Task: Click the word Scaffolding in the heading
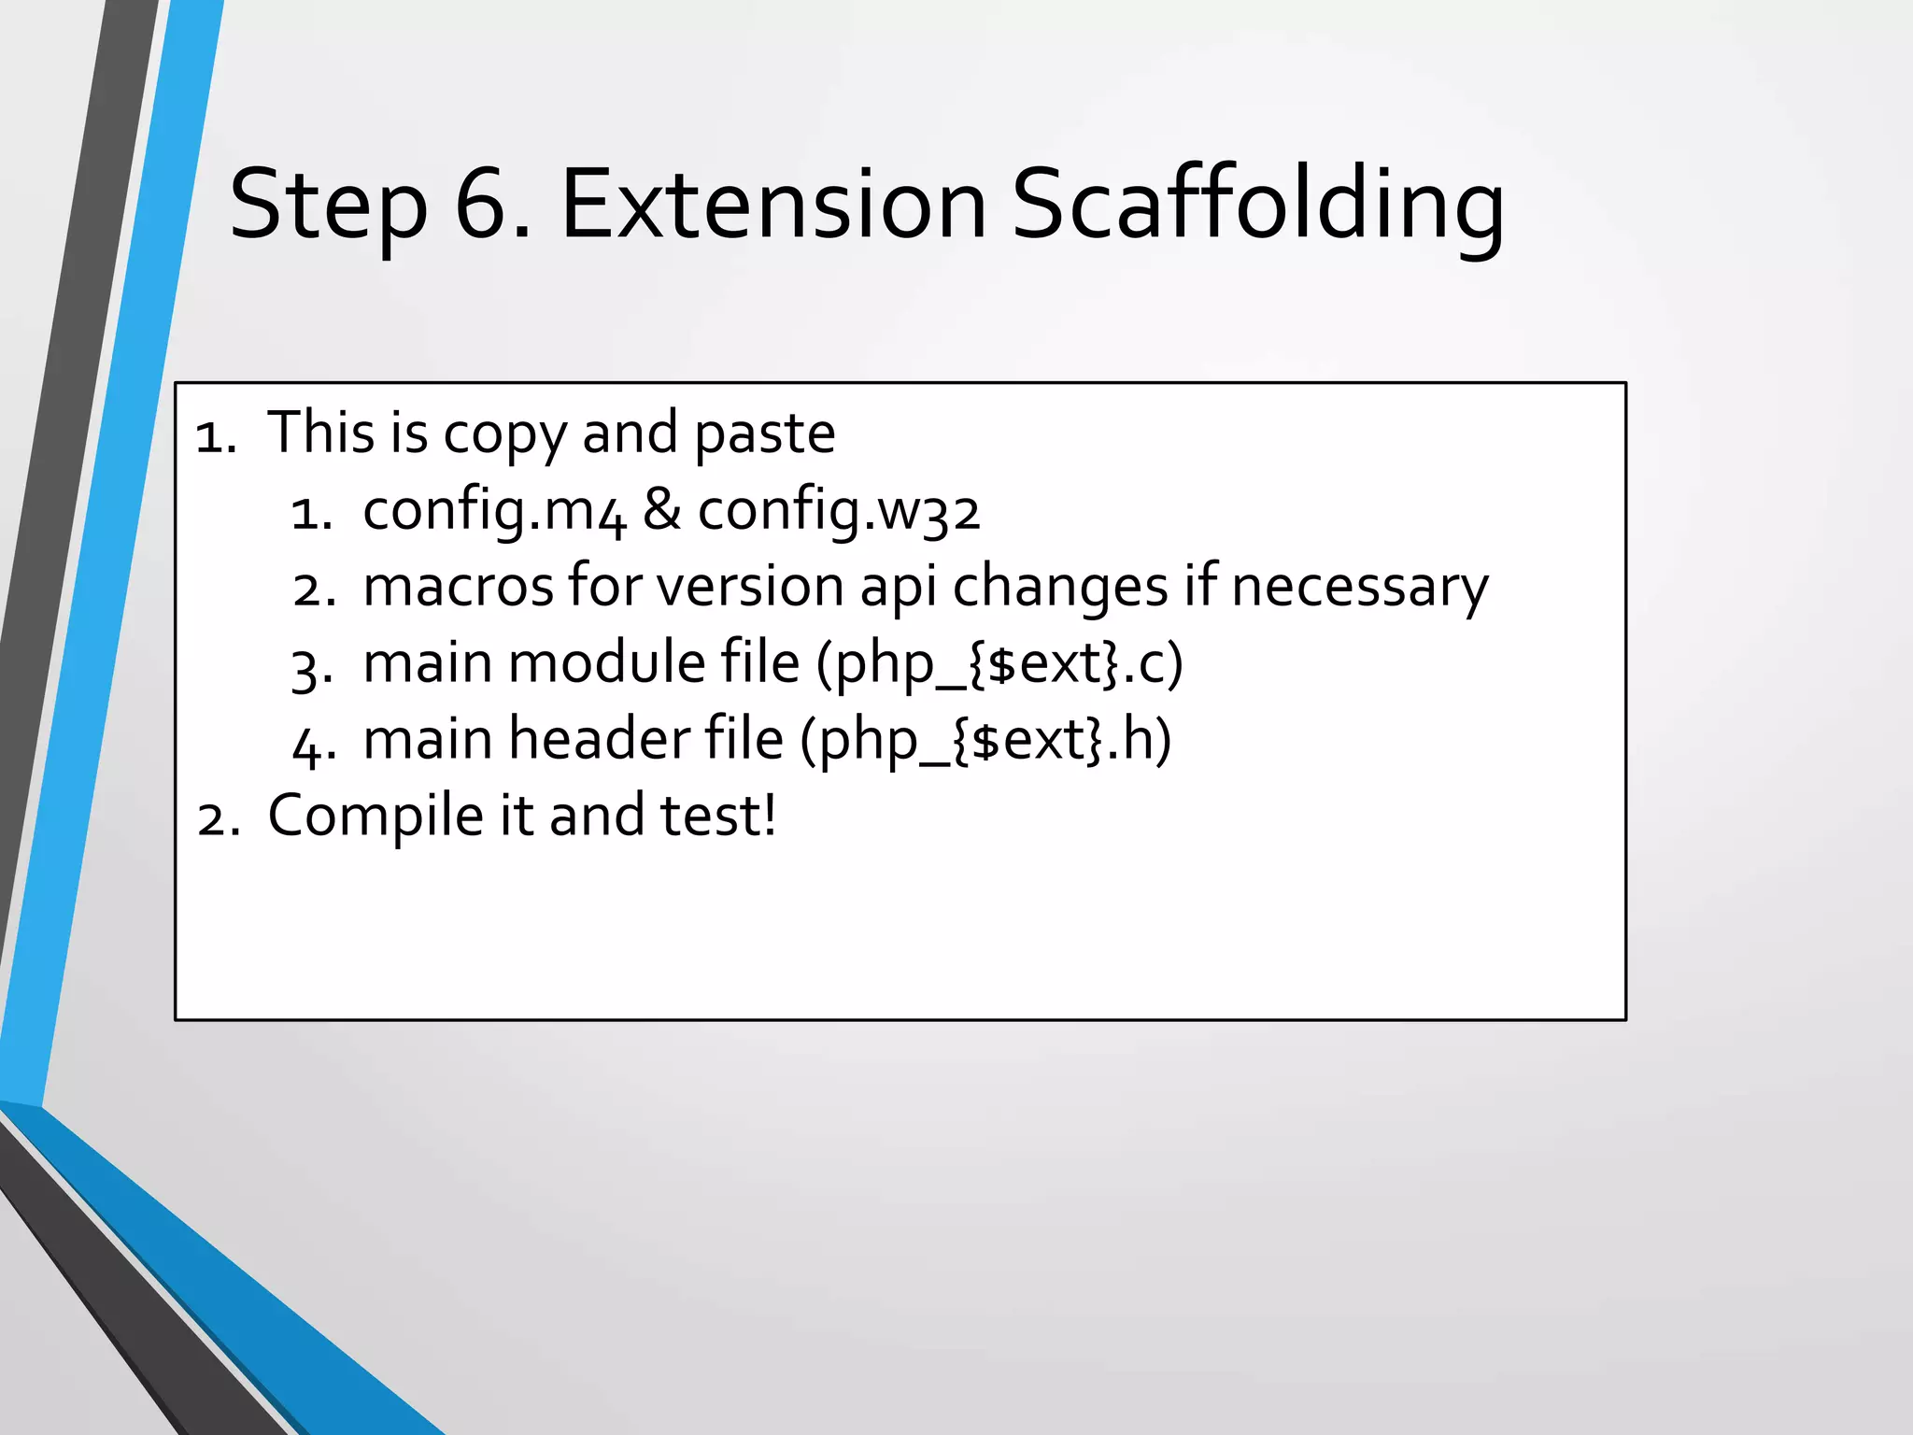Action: (x=1257, y=207)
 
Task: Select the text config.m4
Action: (x=493, y=513)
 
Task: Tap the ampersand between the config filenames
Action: (x=661, y=511)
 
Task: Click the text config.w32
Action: (x=839, y=513)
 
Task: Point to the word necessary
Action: (x=1359, y=589)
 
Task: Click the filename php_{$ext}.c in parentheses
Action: (x=999, y=665)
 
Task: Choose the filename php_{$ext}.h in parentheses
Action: (x=985, y=742)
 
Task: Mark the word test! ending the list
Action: (x=717, y=816)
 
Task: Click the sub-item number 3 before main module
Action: (x=306, y=669)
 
